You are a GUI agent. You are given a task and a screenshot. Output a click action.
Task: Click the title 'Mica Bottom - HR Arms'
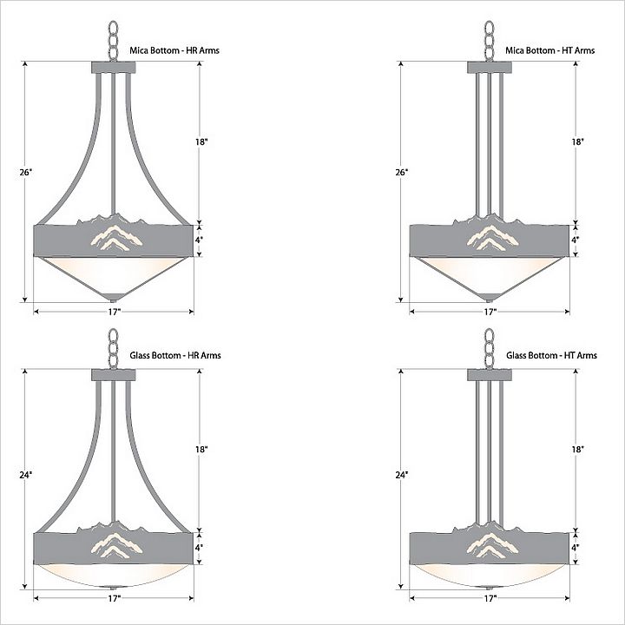[x=174, y=50]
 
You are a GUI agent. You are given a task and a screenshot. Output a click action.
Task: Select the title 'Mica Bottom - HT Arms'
[x=550, y=50]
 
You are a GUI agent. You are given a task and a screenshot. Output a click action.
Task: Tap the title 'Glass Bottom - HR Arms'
[x=175, y=355]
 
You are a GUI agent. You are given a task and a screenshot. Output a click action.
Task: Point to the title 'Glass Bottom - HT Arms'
[x=552, y=355]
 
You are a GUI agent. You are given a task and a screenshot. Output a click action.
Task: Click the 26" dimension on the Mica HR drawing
[x=25, y=172]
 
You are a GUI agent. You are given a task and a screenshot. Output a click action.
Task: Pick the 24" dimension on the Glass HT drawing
[x=402, y=475]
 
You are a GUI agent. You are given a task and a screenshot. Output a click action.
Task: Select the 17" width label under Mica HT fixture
[x=490, y=312]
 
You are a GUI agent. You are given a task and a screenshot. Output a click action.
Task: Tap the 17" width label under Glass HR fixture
[x=114, y=598]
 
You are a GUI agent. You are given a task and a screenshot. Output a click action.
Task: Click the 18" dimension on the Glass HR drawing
[x=201, y=450]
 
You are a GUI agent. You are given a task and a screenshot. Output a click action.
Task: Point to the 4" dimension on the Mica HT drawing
[x=576, y=240]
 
